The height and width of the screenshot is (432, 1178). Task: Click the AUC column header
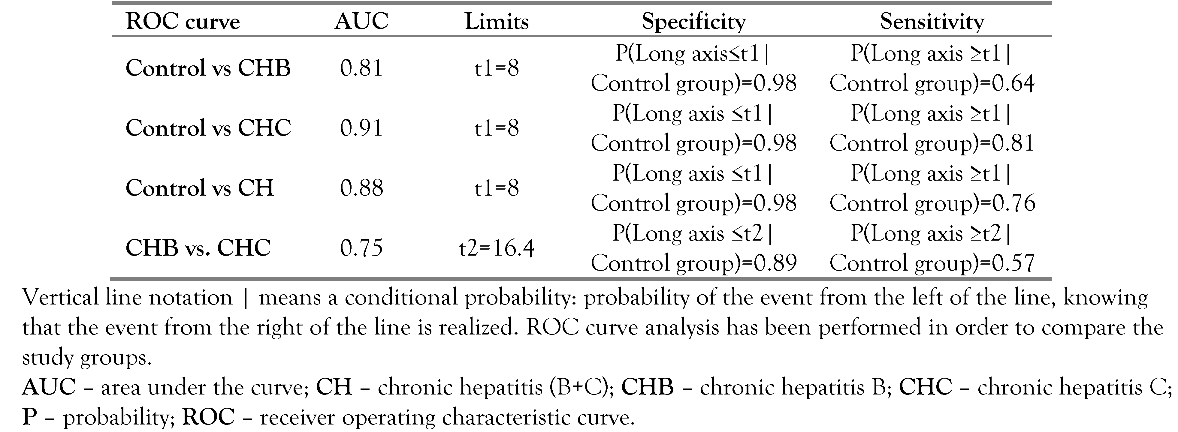click(361, 22)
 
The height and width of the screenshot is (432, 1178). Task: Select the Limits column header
click(497, 22)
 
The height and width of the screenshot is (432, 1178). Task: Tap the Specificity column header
click(694, 22)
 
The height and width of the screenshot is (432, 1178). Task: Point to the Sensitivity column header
click(932, 22)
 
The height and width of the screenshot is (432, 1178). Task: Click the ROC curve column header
click(183, 22)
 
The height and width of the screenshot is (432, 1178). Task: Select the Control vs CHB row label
click(208, 68)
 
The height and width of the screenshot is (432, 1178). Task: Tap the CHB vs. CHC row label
click(198, 248)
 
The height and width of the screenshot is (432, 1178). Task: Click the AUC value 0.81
click(361, 68)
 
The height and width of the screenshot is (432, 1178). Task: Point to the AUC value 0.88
click(361, 187)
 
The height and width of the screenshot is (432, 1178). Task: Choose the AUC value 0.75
click(361, 248)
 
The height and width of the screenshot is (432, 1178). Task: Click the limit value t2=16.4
click(497, 248)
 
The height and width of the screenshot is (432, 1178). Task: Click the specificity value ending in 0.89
click(694, 262)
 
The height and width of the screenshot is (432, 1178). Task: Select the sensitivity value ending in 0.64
click(932, 83)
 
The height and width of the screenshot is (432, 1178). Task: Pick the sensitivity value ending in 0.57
click(932, 262)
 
